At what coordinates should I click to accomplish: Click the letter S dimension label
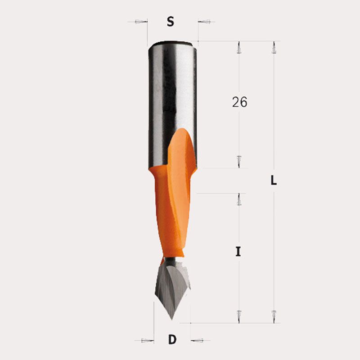(171, 22)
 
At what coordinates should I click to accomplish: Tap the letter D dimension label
(172, 339)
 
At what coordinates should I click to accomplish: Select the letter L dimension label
(274, 180)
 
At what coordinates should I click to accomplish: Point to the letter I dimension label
(238, 252)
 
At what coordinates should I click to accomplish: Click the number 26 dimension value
(239, 102)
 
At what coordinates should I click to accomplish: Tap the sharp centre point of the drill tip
(172, 319)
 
